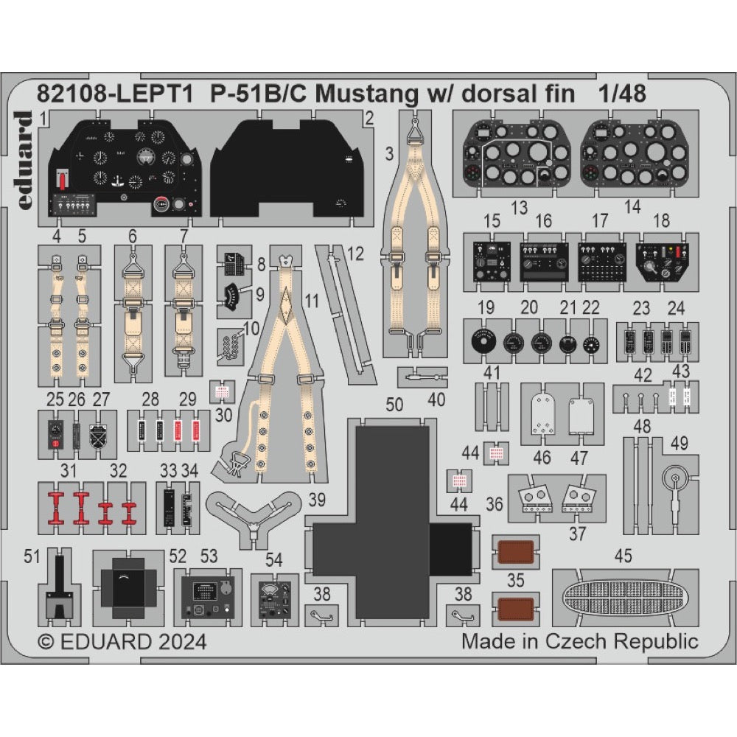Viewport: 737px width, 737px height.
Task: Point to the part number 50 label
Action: pos(394,404)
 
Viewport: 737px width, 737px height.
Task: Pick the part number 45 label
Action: pos(623,557)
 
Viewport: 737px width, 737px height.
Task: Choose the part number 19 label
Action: pos(485,308)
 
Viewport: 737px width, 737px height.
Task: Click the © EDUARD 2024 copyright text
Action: pos(122,640)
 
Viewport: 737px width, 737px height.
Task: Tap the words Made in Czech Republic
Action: pos(579,640)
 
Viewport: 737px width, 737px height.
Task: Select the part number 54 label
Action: pos(273,560)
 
